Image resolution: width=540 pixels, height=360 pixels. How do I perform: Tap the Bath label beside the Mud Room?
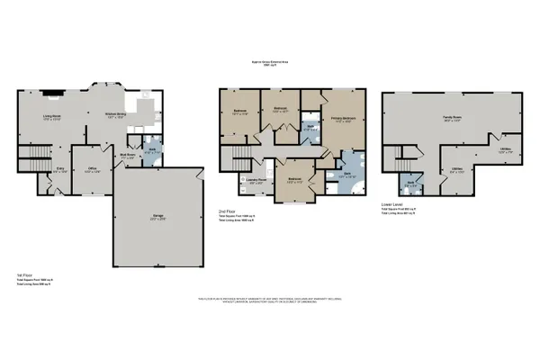tap(153, 150)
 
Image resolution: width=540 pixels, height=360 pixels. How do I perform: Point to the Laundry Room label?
tap(257, 181)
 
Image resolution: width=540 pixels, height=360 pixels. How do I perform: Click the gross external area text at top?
tap(270, 64)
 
